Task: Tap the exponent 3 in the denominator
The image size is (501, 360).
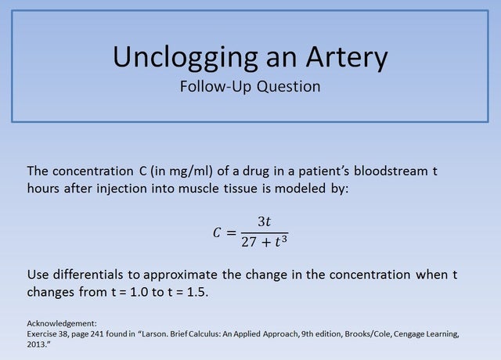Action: [x=286, y=236]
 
